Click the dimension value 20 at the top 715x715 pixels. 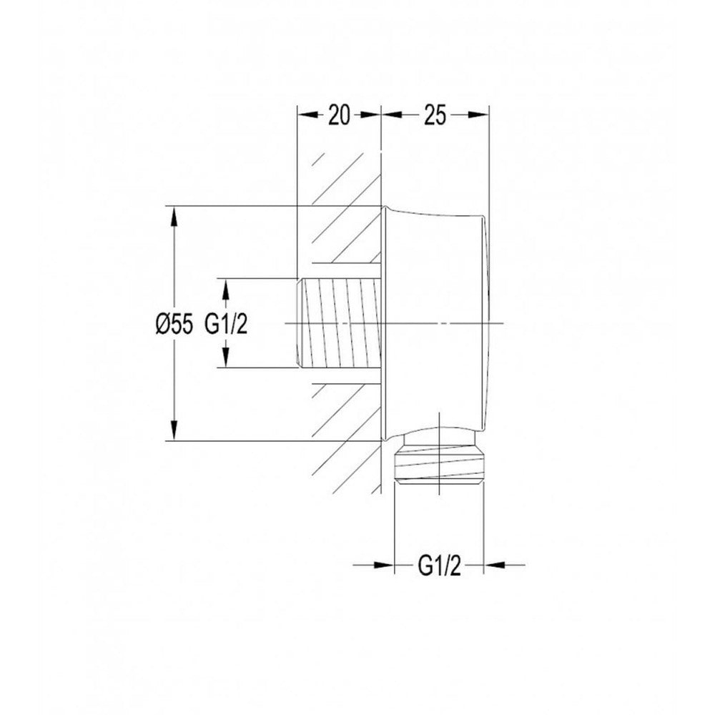pyautogui.click(x=339, y=115)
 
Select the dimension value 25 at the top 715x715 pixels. pyautogui.click(x=435, y=115)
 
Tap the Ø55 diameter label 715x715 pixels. pyautogui.click(x=174, y=325)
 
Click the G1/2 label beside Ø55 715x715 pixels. pyautogui.click(x=226, y=325)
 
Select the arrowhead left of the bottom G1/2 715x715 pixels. pyautogui.click(x=383, y=566)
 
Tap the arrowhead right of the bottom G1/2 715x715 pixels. pyautogui.click(x=493, y=566)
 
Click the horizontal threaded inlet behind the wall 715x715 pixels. pyautogui.click(x=338, y=323)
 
